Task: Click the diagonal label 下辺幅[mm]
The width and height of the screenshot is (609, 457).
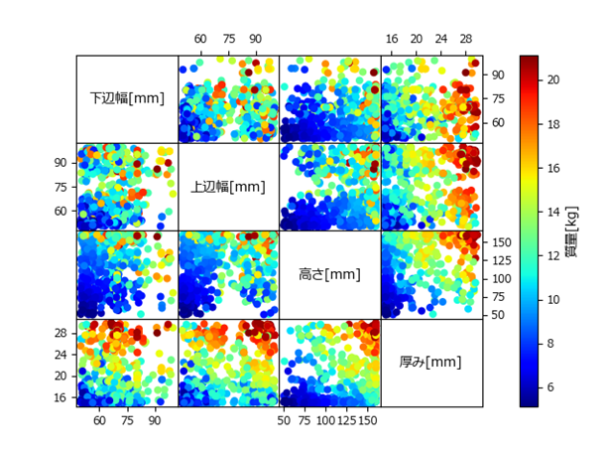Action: click(x=127, y=98)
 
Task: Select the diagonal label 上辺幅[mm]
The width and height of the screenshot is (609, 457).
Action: click(x=228, y=187)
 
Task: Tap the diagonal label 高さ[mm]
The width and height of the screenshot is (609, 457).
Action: click(x=329, y=274)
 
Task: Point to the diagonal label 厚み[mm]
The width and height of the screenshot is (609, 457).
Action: click(x=431, y=362)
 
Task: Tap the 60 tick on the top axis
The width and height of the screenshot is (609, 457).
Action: click(x=200, y=40)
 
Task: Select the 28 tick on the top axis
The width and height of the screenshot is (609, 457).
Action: click(x=466, y=40)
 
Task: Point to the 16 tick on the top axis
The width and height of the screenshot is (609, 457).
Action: click(x=393, y=40)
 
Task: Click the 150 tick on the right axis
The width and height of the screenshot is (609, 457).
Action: click(x=502, y=242)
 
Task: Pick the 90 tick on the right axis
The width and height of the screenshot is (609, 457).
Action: click(x=498, y=75)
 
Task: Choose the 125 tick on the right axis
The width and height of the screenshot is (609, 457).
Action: click(x=502, y=260)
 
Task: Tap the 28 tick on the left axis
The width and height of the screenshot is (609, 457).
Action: click(x=60, y=333)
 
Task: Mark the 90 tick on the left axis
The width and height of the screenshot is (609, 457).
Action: click(x=60, y=162)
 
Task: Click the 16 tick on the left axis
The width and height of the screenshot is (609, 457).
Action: click(x=60, y=397)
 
